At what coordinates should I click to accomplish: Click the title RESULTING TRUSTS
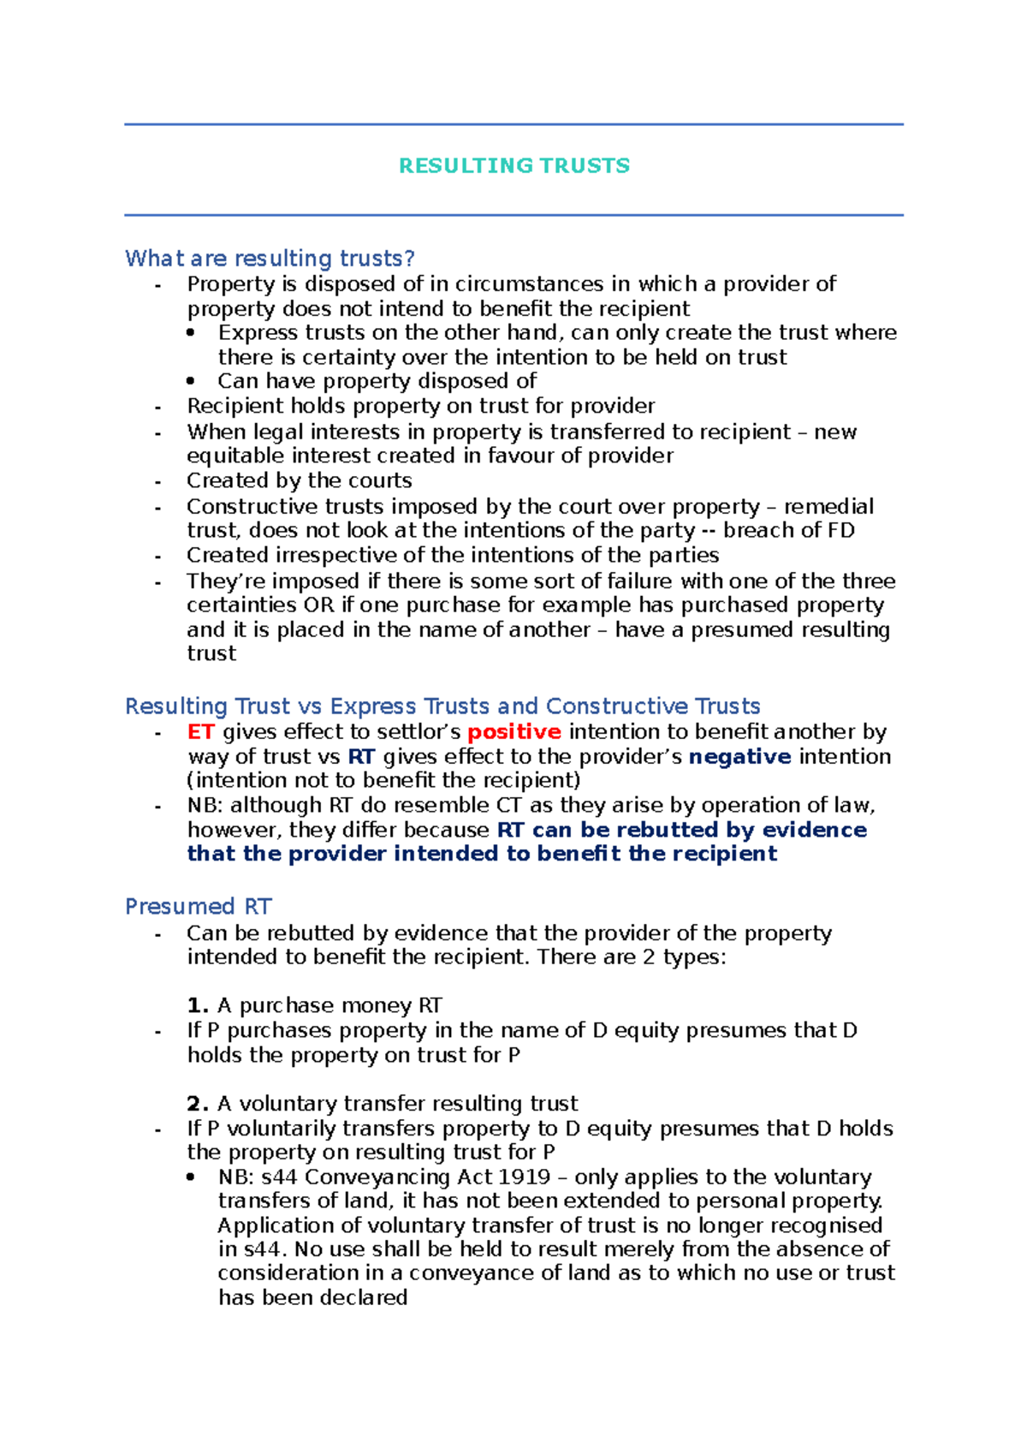pyautogui.click(x=513, y=166)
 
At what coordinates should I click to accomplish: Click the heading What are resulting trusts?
pyautogui.click(x=270, y=259)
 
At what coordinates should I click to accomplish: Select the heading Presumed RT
pyautogui.click(x=198, y=907)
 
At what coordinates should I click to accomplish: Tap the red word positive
pyautogui.click(x=513, y=732)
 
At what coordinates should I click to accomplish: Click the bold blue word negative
pyautogui.click(x=739, y=757)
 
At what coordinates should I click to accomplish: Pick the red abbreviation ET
pyautogui.click(x=200, y=732)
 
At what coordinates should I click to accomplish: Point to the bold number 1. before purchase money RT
pyautogui.click(x=198, y=1005)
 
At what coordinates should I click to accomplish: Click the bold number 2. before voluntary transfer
pyautogui.click(x=198, y=1104)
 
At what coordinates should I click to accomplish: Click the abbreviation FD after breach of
pyautogui.click(x=841, y=531)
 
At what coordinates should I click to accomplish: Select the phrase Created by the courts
pyautogui.click(x=300, y=481)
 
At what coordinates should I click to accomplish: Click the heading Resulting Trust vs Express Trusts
pyautogui.click(x=442, y=706)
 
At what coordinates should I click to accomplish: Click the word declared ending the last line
pyautogui.click(x=371, y=1298)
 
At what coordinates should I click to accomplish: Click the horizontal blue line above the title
pyautogui.click(x=513, y=125)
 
